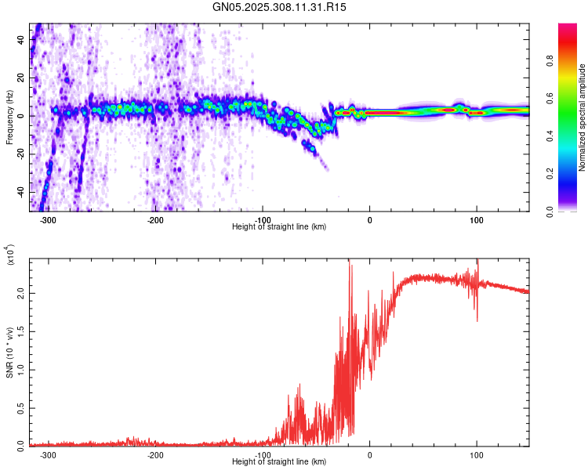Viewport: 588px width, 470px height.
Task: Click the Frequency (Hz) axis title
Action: tap(10, 117)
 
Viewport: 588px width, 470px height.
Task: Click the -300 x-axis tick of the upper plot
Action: tap(49, 220)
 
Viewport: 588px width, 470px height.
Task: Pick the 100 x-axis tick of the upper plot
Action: tap(476, 220)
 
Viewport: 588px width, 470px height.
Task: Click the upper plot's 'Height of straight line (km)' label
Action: tap(279, 227)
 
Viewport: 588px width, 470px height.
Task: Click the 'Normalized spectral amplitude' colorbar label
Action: tap(583, 117)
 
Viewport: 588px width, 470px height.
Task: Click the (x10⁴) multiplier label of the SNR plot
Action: tap(10, 255)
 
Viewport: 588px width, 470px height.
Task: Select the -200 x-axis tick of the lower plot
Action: tap(155, 455)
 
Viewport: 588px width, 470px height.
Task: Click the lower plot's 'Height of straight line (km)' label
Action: tap(279, 462)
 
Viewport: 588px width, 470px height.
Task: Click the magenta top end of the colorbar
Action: tap(568, 27)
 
